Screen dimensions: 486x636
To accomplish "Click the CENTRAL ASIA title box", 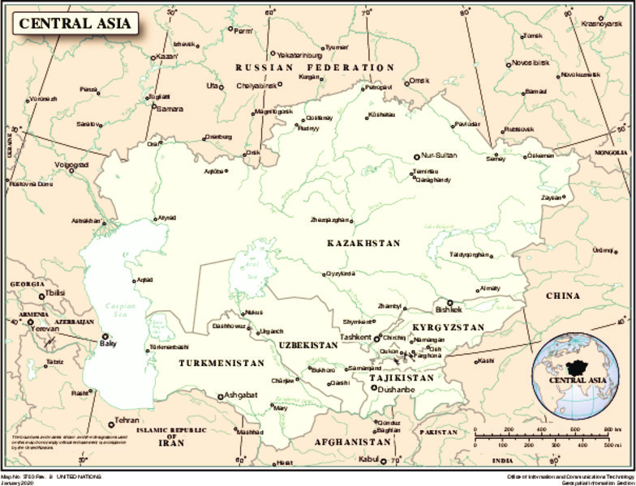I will tap(75, 23).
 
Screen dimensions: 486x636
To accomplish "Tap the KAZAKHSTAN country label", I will tap(363, 243).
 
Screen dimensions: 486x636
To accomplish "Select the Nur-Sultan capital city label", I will tap(440, 156).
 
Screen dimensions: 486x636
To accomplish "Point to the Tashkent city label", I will tap(355, 337).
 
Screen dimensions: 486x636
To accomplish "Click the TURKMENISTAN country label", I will tap(221, 364).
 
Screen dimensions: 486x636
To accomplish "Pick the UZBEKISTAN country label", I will tap(308, 345).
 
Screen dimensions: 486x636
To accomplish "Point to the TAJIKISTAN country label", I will tap(402, 377).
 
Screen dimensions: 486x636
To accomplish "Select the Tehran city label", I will tap(127, 421).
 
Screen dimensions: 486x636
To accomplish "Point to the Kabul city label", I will tap(369, 460).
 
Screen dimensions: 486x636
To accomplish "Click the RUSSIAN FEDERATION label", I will tap(315, 67).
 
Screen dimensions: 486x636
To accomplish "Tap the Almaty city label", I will tap(490, 288).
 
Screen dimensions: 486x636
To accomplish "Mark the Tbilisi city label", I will tap(54, 293).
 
